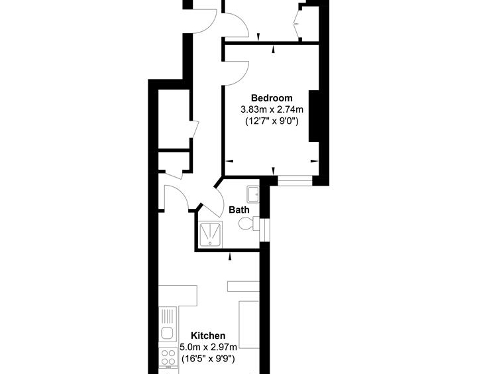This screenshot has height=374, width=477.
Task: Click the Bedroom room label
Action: (x=272, y=98)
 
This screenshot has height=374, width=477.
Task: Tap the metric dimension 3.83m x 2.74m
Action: (x=272, y=109)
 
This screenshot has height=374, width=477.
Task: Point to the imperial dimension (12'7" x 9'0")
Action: (x=272, y=121)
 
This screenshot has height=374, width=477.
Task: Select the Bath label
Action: (x=238, y=210)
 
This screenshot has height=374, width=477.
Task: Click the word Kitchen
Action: (x=208, y=336)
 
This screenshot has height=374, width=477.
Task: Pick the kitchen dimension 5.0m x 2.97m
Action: (x=208, y=347)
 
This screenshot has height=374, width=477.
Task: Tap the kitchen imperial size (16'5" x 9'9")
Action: (x=208, y=359)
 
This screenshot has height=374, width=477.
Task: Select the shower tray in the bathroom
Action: (x=211, y=235)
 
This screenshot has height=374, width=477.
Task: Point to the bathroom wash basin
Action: (x=253, y=194)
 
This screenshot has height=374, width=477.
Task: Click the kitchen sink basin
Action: (x=167, y=333)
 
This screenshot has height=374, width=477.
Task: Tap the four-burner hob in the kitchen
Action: (x=168, y=357)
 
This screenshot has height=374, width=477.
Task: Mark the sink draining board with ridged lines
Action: (x=168, y=316)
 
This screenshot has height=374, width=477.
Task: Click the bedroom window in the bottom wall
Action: (x=295, y=181)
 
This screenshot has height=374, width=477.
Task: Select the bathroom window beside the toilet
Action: (x=265, y=230)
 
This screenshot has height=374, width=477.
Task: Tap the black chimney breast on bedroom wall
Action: (x=314, y=116)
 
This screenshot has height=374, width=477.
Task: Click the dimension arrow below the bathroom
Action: (x=230, y=257)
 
